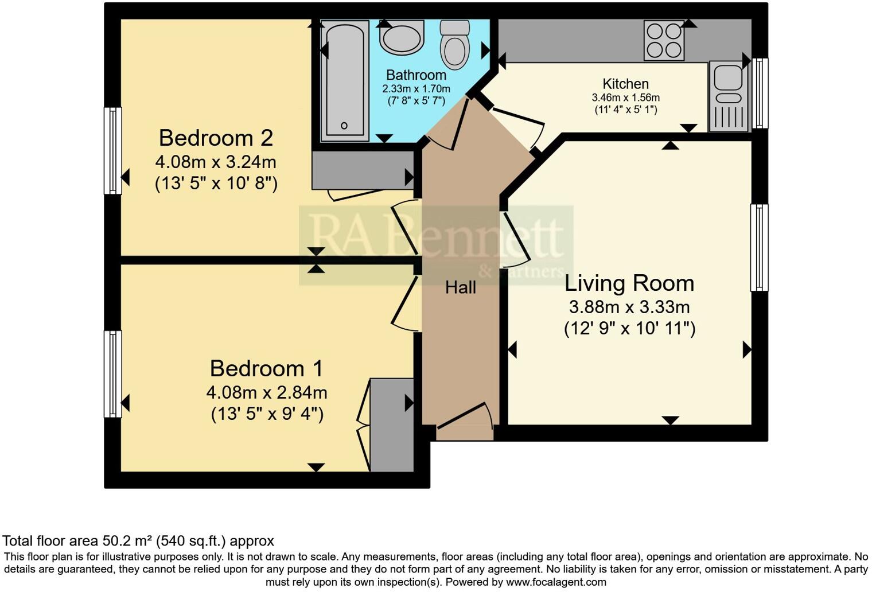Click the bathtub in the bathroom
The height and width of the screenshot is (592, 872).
tap(344, 80)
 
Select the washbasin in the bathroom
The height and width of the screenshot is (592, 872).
tap(401, 38)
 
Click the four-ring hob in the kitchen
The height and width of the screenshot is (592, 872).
tap(664, 40)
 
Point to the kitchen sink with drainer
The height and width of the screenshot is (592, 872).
tap(729, 96)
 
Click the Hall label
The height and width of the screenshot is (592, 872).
tap(461, 287)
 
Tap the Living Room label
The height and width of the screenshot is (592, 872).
tap(629, 283)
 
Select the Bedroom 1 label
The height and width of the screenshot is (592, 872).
tap(266, 368)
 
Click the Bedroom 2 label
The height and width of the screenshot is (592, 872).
tap(216, 138)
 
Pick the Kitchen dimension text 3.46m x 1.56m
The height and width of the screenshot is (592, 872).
tap(625, 98)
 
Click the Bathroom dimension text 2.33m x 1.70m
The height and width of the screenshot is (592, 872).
tap(416, 89)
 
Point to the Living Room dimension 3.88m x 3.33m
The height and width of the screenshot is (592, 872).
tap(629, 307)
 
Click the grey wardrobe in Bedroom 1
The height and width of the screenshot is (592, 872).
tap(392, 424)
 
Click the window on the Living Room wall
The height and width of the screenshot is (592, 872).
tap(759, 247)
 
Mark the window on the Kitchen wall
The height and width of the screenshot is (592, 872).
tap(760, 93)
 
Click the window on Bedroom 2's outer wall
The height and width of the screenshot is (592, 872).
tap(112, 150)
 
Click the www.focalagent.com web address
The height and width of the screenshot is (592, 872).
tap(555, 582)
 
